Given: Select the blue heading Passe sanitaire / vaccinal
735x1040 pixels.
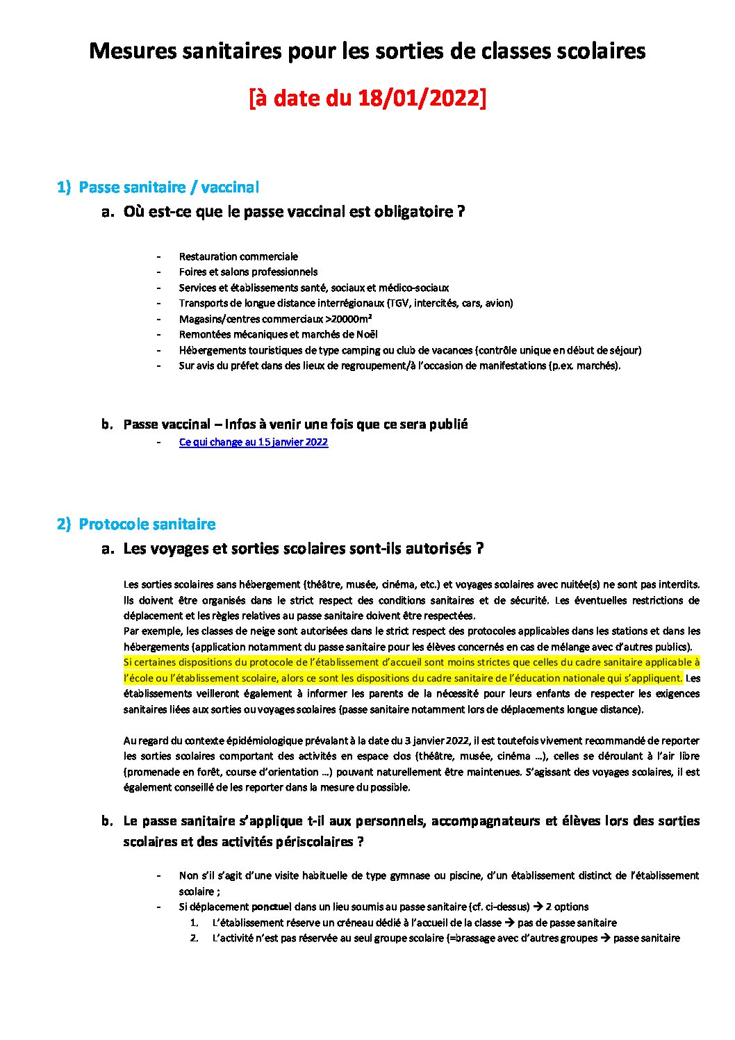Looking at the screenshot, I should coord(169,187).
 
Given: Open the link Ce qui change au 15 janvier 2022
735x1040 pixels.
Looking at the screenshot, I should coord(254,442).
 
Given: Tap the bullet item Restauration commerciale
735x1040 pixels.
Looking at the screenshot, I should coord(238,256).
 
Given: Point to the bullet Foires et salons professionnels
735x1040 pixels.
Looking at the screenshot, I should coord(248,272).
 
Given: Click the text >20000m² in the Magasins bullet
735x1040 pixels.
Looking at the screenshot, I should coord(348,319).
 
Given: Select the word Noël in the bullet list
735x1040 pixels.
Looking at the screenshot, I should coord(367,334).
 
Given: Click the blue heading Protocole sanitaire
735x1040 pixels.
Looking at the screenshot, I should coord(147,524).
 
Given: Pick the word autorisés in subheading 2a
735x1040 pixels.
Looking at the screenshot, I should coord(439,548).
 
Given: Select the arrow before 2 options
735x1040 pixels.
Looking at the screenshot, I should coord(538,907).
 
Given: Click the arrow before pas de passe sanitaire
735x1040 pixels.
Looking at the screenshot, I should coord(509,923).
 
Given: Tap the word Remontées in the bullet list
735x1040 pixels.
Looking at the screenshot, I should coord(204,334).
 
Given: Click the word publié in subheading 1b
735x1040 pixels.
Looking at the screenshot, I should coord(449,424).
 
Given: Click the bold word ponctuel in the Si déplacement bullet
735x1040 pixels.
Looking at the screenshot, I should coord(272,907).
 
